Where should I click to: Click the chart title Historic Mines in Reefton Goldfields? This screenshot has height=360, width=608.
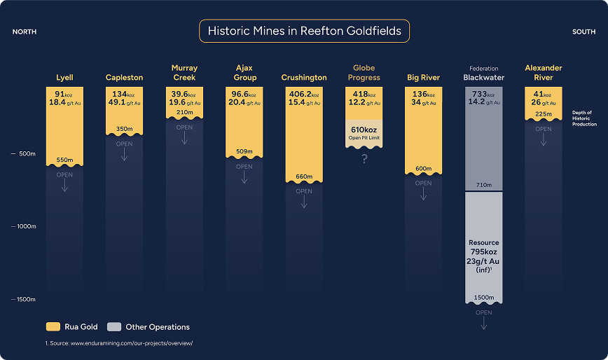tap(305, 31)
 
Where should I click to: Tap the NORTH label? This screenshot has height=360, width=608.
tap(25, 32)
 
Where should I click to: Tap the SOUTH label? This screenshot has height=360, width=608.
tap(584, 32)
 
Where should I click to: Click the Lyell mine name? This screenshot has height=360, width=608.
tap(64, 78)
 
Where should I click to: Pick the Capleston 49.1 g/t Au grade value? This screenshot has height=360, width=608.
tap(125, 102)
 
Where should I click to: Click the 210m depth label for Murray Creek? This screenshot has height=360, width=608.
tap(185, 112)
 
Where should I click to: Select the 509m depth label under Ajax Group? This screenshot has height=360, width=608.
tap(244, 151)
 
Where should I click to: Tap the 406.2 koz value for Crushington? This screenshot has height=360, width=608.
tap(304, 94)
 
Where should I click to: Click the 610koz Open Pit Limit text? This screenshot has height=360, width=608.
tap(364, 133)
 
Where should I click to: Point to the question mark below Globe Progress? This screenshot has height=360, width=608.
tap(364, 159)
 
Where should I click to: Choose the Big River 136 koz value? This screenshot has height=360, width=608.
tap(423, 94)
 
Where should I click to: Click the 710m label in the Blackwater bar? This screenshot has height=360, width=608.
tap(484, 185)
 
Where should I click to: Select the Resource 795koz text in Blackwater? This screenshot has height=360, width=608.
tap(484, 247)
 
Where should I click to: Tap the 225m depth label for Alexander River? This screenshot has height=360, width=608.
tap(544, 114)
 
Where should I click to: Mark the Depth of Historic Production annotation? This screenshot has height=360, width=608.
tap(584, 118)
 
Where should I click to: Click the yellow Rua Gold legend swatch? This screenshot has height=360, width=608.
tap(53, 326)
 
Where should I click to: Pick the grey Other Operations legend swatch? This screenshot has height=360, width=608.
tap(114, 326)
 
